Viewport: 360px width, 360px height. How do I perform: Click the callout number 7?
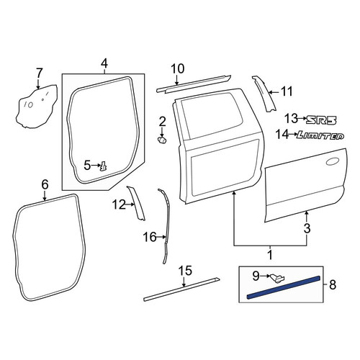coord(39,73)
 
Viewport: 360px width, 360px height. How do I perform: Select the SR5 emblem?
coord(321,120)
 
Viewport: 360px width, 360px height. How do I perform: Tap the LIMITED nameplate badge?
coord(320,136)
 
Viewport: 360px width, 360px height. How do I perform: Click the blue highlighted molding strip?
coord(284,287)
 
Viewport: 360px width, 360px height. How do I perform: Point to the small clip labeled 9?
coord(277,279)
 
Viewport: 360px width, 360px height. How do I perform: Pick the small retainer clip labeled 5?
coord(104,166)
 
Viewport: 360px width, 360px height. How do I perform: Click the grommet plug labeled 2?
coord(162,140)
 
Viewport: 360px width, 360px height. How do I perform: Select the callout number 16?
coord(150,237)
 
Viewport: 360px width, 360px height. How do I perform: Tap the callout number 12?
coord(119,205)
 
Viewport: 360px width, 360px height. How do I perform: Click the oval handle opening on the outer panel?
coord(333,161)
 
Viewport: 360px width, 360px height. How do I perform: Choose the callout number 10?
coord(178,69)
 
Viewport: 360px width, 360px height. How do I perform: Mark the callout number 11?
coord(287,91)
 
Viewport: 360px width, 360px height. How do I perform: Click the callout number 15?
coord(186,271)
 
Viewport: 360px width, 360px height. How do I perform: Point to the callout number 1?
coord(270,255)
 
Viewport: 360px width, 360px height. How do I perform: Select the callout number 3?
coord(307,228)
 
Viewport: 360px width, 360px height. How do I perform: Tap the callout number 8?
coord(333,285)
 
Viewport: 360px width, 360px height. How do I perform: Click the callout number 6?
coord(45,185)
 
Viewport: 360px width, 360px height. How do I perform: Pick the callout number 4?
coord(104,64)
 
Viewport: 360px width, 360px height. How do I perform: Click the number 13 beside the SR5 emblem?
coord(291,119)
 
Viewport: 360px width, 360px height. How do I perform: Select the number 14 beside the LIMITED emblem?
coord(282,135)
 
